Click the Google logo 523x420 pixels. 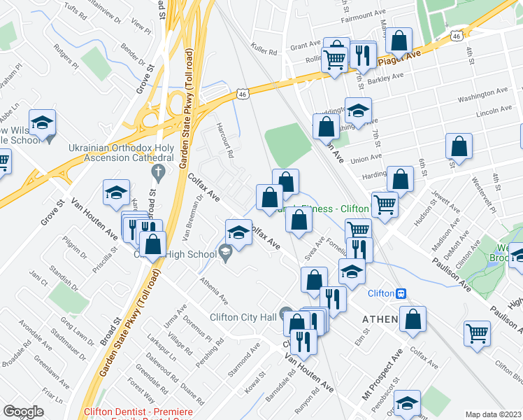click(x=23, y=412)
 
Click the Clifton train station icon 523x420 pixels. click(x=402, y=293)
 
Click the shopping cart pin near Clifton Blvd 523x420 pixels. click(x=478, y=332)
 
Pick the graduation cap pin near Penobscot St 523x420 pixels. click(x=407, y=402)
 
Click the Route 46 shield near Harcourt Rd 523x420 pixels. click(x=242, y=93)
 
